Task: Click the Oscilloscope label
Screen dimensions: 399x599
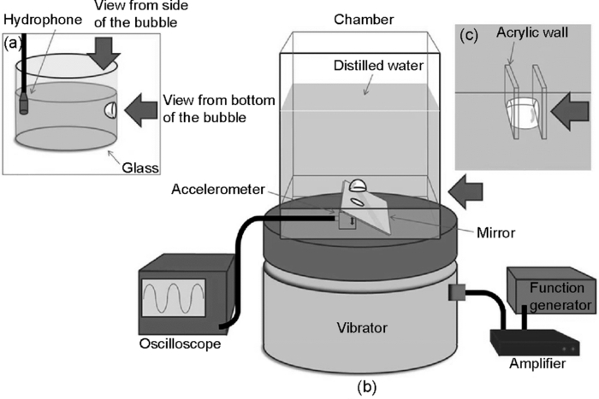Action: point(179,345)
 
